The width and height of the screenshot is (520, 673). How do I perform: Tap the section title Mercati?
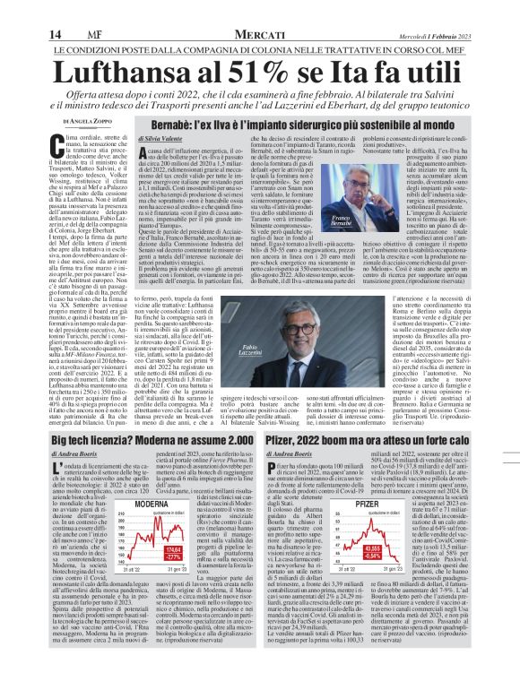coord(258,9)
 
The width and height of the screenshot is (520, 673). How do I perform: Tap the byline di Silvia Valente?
coord(158,140)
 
